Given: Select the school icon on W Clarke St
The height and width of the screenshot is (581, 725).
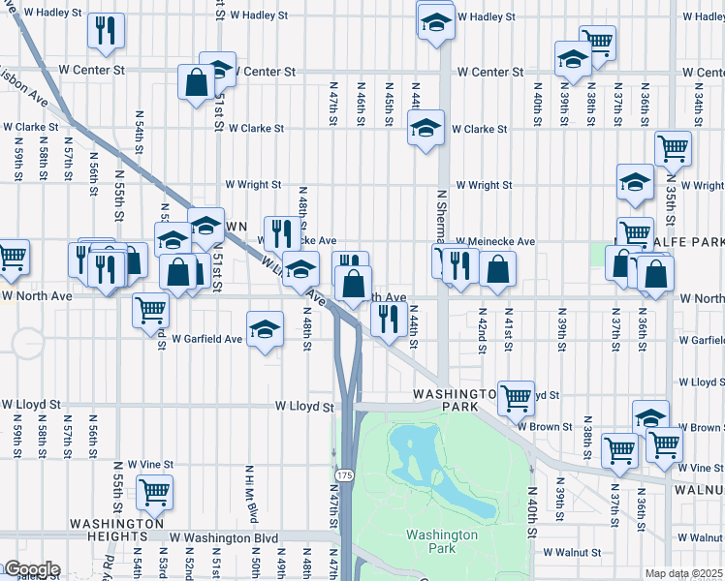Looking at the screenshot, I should [x=425, y=128].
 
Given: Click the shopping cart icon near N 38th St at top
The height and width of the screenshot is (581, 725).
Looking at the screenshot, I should [x=598, y=43].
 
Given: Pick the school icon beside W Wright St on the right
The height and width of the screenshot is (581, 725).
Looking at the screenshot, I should [x=635, y=182].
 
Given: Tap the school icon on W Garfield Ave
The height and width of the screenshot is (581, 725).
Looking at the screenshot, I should [x=265, y=329].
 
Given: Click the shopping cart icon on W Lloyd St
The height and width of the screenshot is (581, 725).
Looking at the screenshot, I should [x=517, y=395].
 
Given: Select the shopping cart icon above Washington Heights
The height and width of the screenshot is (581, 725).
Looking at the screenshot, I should [x=154, y=491].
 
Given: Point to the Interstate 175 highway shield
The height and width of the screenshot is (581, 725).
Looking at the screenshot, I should [x=344, y=475].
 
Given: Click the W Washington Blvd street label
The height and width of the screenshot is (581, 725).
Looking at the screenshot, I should [x=224, y=537].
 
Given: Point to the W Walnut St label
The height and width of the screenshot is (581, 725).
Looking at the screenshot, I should [x=572, y=552].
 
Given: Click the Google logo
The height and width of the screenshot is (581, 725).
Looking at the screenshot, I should [x=31, y=569].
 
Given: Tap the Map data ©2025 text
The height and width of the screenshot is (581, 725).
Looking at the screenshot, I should [x=683, y=573].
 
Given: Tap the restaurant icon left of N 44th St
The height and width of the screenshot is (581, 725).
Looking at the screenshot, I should [x=389, y=319].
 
